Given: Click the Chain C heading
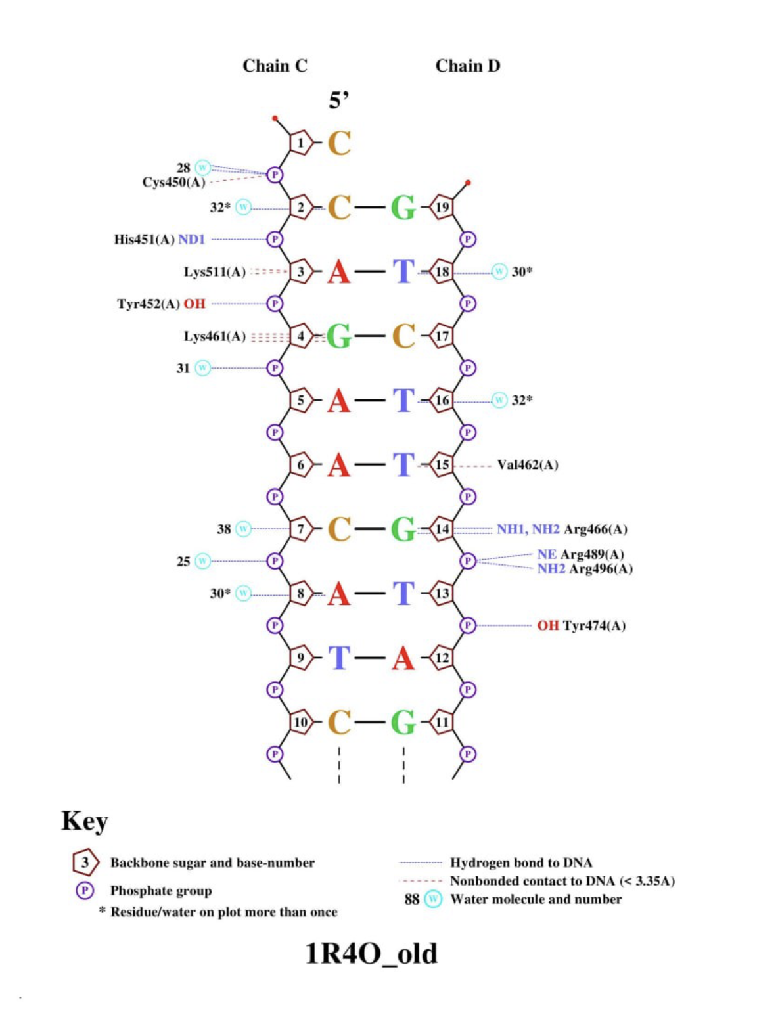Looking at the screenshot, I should tap(275, 66).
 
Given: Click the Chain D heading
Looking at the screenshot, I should tap(467, 66).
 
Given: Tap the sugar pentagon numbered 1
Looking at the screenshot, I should tap(300, 143).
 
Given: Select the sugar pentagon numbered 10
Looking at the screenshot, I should tap(300, 722).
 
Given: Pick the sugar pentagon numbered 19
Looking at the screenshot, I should tap(442, 207).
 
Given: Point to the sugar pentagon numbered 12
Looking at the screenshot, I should tap(442, 658).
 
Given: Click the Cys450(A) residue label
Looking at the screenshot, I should tap(173, 182).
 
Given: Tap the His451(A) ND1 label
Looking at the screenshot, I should tap(159, 239).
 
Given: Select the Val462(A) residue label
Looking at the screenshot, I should tap(527, 465).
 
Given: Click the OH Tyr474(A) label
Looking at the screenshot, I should tap(581, 625).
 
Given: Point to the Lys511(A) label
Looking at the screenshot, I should tap(214, 271).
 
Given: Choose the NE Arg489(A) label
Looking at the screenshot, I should tap(580, 554).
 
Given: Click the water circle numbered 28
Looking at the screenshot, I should tap(203, 168).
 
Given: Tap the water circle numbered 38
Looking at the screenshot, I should tap(243, 528).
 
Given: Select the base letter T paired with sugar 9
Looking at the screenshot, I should tap(339, 658).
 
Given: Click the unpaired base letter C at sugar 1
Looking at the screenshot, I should tap(339, 143).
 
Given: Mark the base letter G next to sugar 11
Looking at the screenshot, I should tap(403, 722).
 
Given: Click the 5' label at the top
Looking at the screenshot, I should tap(338, 101).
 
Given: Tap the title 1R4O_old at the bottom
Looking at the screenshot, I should tap(371, 953).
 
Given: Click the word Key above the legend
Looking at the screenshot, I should tap(84, 820).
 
